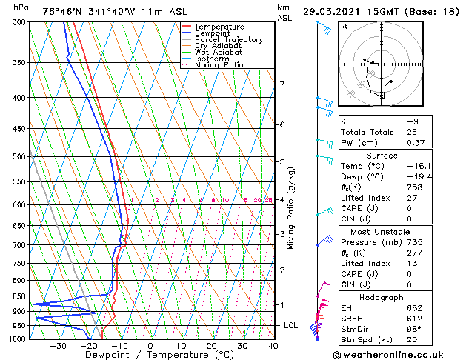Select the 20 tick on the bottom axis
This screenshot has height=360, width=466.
pos(211,346)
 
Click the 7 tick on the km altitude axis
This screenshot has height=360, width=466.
pos(282,84)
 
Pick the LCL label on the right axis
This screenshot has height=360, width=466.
pos(291,325)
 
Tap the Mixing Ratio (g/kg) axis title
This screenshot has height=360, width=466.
pos(291,208)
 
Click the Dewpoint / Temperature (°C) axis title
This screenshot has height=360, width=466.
pos(150,355)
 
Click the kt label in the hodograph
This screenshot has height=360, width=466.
pos(344,27)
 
